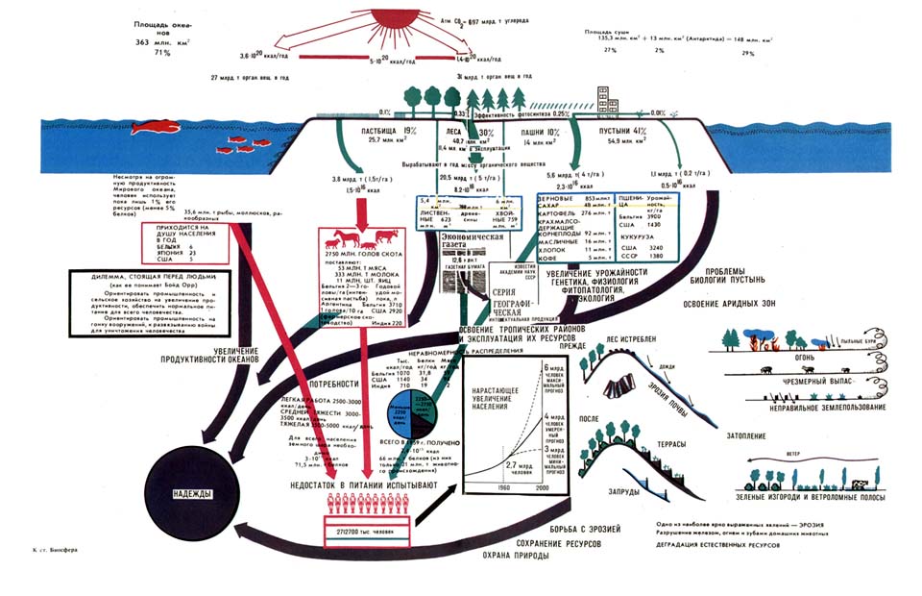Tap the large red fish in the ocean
[x=153, y=125]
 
